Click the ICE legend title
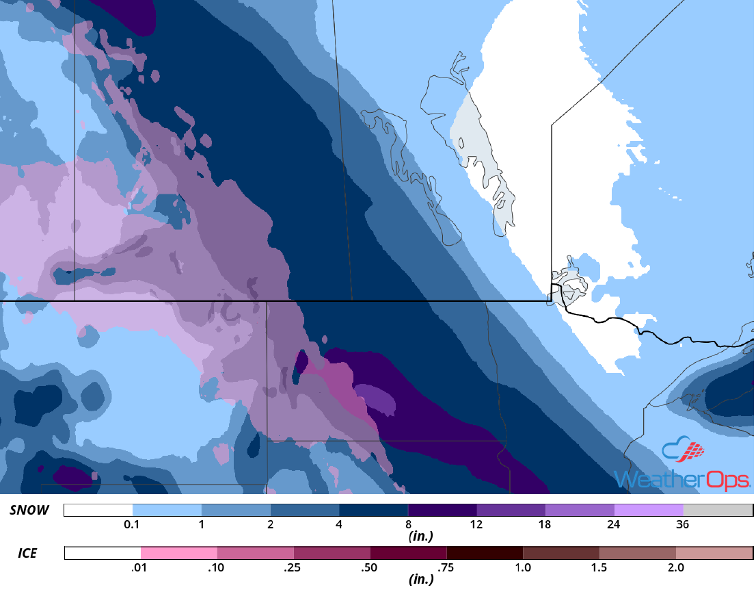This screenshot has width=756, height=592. (x=28, y=552)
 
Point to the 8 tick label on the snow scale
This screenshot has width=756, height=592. (x=408, y=525)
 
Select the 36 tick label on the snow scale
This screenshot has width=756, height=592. (x=683, y=525)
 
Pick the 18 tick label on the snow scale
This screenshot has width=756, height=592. (x=545, y=525)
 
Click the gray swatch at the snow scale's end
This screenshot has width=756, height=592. (x=718, y=511)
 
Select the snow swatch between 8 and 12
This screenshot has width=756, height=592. (x=442, y=511)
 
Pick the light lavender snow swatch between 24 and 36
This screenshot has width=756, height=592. (x=649, y=511)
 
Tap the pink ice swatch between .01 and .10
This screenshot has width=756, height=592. (x=179, y=553)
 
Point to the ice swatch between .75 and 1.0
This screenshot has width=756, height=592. (x=485, y=553)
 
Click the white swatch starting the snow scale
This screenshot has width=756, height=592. (x=98, y=511)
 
